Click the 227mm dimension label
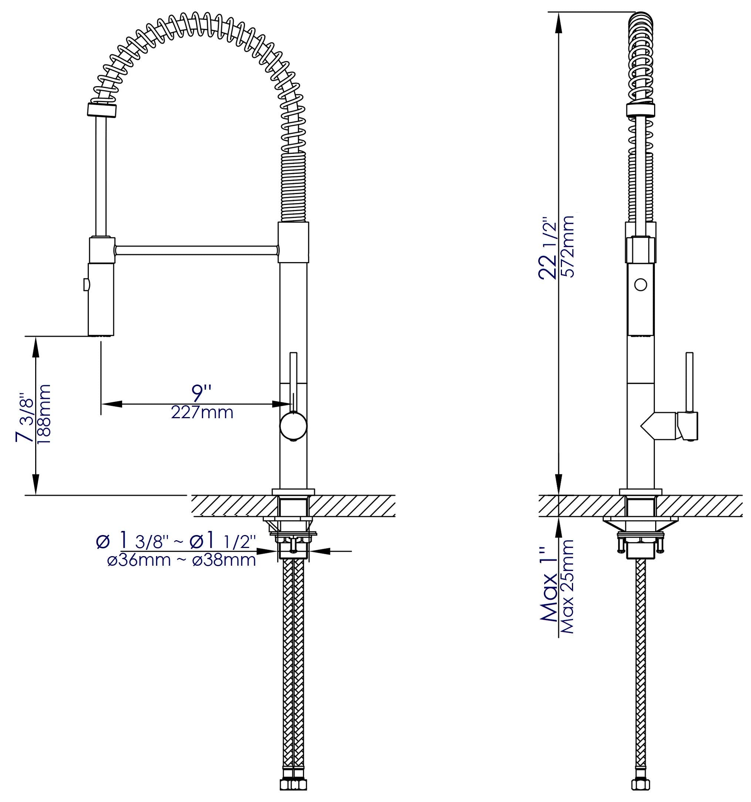click(x=202, y=413)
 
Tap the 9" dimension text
click(x=201, y=391)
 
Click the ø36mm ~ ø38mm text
click(x=182, y=561)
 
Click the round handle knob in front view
click(x=293, y=426)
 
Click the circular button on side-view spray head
click(x=640, y=284)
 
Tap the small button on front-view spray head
click(x=85, y=285)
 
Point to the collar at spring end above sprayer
click(x=102, y=110)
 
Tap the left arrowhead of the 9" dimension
click(x=111, y=404)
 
